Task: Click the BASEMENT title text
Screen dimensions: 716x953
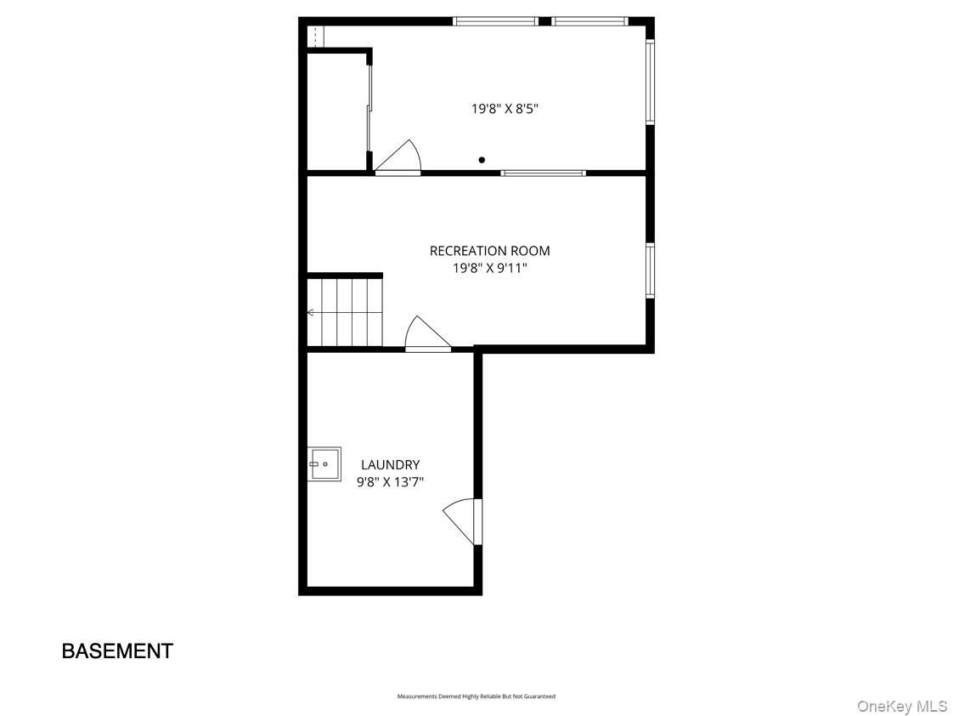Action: pos(117,651)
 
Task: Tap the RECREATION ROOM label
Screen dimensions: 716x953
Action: pos(489,251)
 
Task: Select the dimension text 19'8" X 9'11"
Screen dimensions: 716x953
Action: pos(489,269)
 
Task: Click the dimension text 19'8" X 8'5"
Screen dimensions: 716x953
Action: pos(505,109)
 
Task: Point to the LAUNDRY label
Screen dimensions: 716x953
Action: pos(390,465)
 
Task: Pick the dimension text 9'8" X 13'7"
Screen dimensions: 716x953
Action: pos(390,482)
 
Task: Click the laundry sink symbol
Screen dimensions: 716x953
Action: pos(324,464)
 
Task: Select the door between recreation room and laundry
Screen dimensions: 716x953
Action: pos(426,335)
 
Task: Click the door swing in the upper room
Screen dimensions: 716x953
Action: pos(398,158)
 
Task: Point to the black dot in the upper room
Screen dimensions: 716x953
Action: pos(482,160)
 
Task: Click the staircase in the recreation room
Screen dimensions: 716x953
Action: pos(345,311)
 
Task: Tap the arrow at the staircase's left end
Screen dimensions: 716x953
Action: pos(310,313)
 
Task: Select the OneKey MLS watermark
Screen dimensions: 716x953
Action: pos(901,706)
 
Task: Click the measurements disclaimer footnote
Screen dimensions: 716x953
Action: pos(476,696)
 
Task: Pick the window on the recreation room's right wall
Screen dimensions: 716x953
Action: pos(650,271)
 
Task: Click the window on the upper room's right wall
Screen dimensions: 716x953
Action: pos(650,82)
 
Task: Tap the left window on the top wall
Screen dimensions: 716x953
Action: pos(495,21)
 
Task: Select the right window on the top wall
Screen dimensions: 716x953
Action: pos(589,21)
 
